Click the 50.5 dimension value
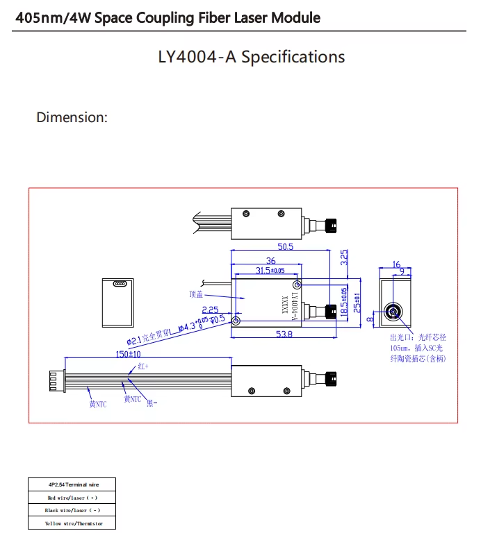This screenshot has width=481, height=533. point(285,246)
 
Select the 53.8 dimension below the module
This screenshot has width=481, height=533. point(284,335)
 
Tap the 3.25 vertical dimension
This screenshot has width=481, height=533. point(345,258)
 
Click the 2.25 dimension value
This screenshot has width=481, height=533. point(210,310)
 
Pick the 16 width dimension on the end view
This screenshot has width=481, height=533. point(396,264)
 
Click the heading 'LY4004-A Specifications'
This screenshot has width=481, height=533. point(251,56)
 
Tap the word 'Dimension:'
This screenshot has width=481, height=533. point(72,117)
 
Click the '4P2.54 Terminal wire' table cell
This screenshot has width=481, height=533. point(72,484)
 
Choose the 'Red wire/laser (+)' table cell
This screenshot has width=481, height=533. point(72,498)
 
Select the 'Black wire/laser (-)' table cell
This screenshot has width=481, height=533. point(72,510)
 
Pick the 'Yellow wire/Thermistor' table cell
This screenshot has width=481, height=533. point(72,523)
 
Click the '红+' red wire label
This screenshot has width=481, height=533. point(142,366)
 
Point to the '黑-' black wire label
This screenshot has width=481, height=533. point(152,403)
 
